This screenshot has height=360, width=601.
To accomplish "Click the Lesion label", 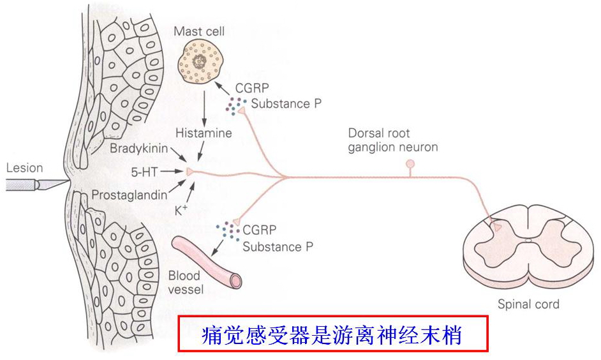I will [24, 169].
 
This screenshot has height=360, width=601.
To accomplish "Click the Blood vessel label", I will [185, 283].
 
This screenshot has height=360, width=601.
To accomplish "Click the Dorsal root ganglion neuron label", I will [392, 140].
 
